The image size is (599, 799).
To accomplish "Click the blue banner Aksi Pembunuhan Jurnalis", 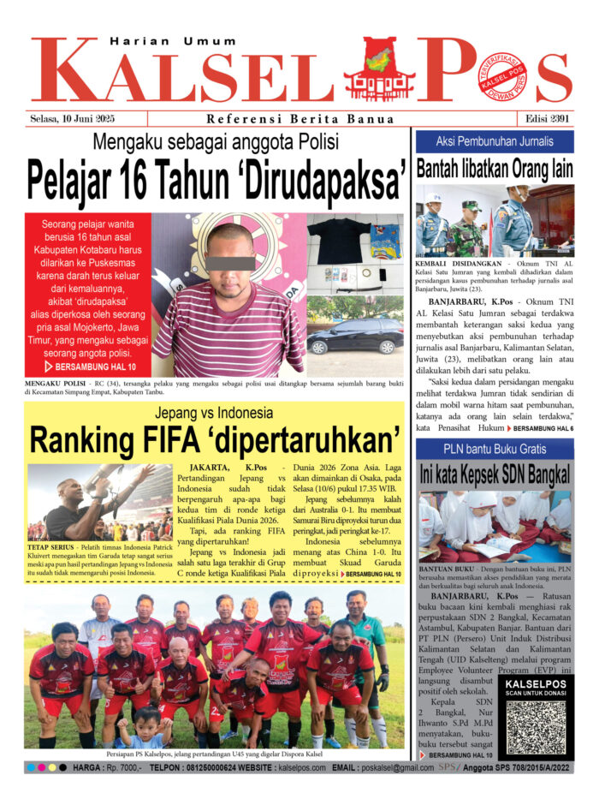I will [x=495, y=140].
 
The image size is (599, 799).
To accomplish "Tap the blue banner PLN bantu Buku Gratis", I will [x=495, y=449].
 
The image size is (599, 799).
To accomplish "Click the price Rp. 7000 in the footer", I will [x=119, y=768].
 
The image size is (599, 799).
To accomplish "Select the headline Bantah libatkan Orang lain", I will [x=495, y=169].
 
